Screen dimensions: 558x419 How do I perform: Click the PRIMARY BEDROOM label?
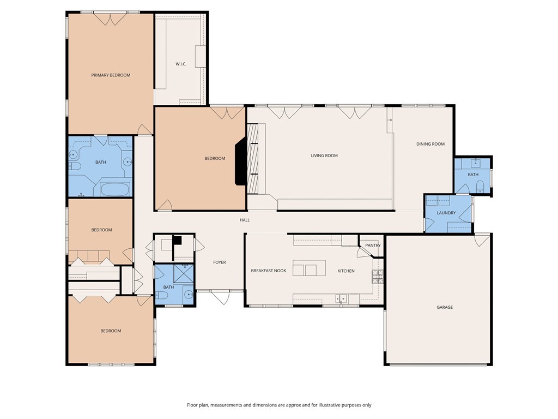(x=111, y=75)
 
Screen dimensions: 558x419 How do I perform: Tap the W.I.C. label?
(x=181, y=64)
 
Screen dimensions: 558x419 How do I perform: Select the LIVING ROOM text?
(x=324, y=155)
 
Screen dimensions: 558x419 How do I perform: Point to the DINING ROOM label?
(x=430, y=144)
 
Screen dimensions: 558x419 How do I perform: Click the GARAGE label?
(x=445, y=307)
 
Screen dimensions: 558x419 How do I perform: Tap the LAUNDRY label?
(x=446, y=213)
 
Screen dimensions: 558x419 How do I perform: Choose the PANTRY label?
(x=373, y=246)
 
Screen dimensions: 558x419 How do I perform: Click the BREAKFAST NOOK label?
(x=268, y=271)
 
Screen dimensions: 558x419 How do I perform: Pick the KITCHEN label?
(x=346, y=271)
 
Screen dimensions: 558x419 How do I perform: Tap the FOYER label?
(x=220, y=262)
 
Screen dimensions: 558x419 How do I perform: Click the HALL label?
(x=245, y=220)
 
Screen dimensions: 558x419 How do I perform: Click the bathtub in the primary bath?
(x=114, y=189)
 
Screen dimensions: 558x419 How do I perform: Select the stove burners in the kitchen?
(x=378, y=277)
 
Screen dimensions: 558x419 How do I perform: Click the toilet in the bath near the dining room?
(x=480, y=187)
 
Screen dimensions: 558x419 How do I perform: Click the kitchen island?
(x=309, y=268)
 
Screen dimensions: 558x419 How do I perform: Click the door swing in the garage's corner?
(x=482, y=240)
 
